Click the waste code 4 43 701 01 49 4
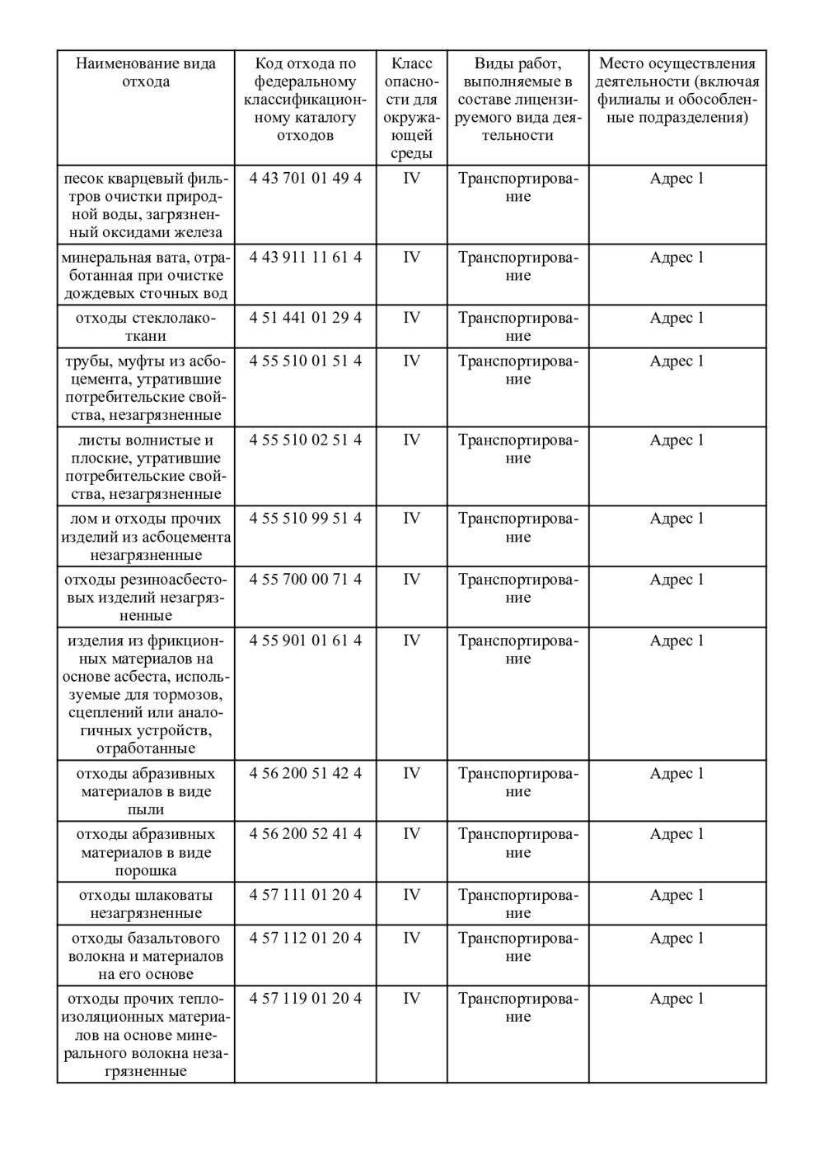[x=305, y=179]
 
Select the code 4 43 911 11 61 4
[x=305, y=258]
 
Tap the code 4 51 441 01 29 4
[x=305, y=318]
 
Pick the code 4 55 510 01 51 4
[x=305, y=361]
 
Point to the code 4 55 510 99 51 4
[x=305, y=519]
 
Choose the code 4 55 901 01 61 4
[x=305, y=641]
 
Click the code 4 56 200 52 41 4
[x=305, y=834]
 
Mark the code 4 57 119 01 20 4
[x=305, y=999]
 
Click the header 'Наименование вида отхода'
[x=146, y=72]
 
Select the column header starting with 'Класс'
[x=411, y=108]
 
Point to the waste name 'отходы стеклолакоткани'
[x=146, y=327]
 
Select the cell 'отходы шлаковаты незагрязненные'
[x=146, y=904]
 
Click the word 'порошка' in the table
[x=146, y=871]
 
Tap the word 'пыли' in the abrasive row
[x=146, y=810]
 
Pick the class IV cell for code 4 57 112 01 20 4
[x=411, y=939]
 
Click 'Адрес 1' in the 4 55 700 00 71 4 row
[x=677, y=580]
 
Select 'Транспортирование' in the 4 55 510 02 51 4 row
[x=517, y=450]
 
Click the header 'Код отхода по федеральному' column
[x=305, y=99]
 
